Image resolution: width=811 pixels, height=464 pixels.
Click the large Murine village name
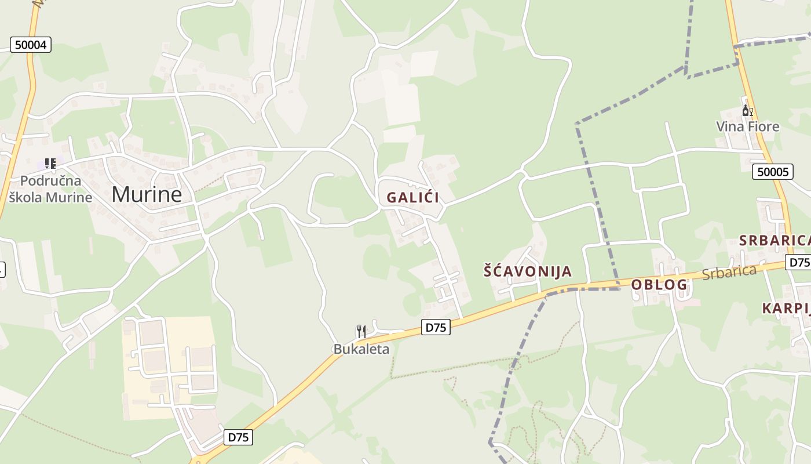(147, 194)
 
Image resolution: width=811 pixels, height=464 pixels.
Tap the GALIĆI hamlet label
(412, 197)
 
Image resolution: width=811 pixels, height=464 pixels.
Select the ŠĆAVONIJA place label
(528, 271)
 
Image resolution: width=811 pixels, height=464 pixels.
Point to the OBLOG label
(659, 285)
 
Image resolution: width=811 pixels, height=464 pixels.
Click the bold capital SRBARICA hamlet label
(774, 240)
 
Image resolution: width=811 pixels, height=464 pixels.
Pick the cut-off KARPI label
(786, 308)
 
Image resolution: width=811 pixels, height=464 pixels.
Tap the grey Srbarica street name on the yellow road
(729, 272)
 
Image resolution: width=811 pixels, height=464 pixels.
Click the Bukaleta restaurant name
(361, 349)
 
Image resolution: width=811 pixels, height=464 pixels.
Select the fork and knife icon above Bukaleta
(361, 332)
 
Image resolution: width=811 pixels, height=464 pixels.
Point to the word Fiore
(762, 126)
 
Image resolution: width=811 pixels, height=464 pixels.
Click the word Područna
(50, 180)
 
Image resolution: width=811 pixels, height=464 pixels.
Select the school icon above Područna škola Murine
(50, 164)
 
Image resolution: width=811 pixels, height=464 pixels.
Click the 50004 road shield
(31, 45)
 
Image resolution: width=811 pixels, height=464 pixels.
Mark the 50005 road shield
(773, 172)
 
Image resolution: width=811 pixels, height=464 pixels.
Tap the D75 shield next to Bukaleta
(435, 327)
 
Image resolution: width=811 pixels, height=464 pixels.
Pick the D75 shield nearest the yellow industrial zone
(238, 437)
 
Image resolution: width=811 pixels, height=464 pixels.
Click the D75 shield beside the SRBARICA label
(798, 262)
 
